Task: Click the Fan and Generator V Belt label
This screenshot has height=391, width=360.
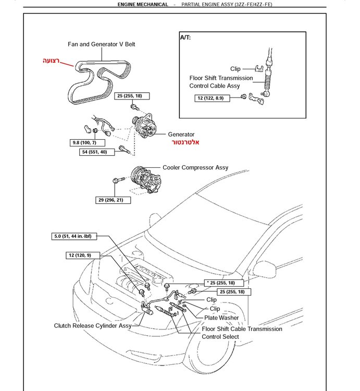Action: pyautogui.click(x=102, y=44)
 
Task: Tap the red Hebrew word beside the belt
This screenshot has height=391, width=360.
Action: pyautogui.click(x=51, y=60)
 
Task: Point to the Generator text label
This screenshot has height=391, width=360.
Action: pyautogui.click(x=181, y=135)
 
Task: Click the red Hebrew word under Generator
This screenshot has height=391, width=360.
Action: pyautogui.click(x=185, y=142)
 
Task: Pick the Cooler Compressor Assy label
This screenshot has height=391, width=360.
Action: pyautogui.click(x=195, y=167)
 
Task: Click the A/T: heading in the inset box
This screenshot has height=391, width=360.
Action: pyautogui.click(x=185, y=38)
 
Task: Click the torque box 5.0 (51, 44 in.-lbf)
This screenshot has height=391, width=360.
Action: pyautogui.click(x=74, y=236)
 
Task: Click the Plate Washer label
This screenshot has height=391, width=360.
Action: pyautogui.click(x=221, y=317)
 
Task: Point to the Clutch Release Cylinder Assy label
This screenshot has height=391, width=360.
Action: pyautogui.click(x=93, y=326)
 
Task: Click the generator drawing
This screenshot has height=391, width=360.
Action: pyautogui.click(x=145, y=126)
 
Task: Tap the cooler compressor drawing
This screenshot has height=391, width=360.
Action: pyautogui.click(x=145, y=179)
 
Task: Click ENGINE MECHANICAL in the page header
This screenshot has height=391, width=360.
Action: pyautogui.click(x=143, y=5)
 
